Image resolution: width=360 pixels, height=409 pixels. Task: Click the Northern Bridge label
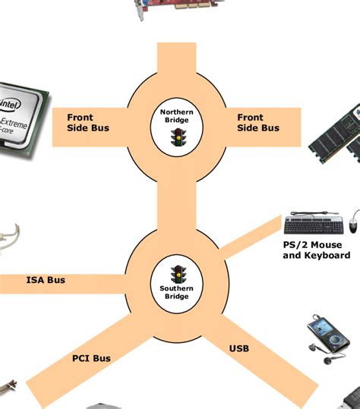pyautogui.click(x=177, y=116)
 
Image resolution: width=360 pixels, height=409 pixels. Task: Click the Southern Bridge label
pyautogui.click(x=176, y=291)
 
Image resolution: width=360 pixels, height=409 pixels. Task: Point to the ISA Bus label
pyautogui.click(x=46, y=280)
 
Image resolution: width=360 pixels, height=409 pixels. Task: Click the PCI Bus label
pyautogui.click(x=91, y=358)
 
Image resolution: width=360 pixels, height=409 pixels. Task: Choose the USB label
pyautogui.click(x=238, y=349)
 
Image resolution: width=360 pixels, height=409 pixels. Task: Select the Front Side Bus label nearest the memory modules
pyautogui.click(x=257, y=123)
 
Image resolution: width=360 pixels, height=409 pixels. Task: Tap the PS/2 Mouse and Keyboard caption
pyautogui.click(x=316, y=250)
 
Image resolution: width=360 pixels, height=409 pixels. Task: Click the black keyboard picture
pyautogui.click(x=313, y=225)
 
